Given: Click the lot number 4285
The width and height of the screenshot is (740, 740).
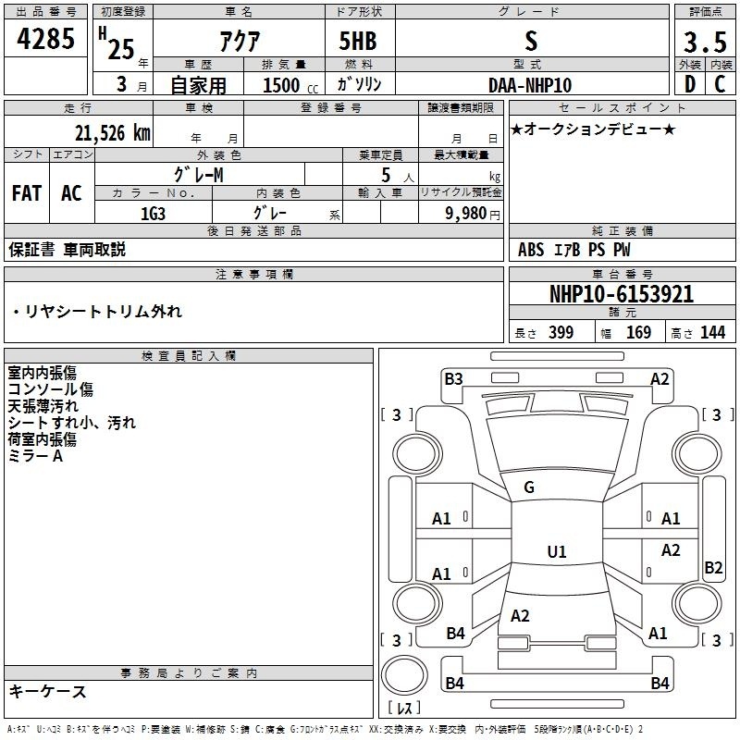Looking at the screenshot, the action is point(45,39).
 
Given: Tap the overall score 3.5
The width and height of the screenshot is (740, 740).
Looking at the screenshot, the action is point(705,42).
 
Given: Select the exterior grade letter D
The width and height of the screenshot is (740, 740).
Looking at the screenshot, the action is point(690,84).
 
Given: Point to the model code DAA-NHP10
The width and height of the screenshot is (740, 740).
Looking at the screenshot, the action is point(530,85).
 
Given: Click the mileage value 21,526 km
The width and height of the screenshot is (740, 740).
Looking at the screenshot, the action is point(113,133).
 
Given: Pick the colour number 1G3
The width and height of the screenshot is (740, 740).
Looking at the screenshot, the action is point(153,214).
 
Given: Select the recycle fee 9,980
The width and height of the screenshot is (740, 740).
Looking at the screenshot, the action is point(466,213).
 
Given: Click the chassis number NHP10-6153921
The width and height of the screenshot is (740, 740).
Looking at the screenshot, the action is point(622,294).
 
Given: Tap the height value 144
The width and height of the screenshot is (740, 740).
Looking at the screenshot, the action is point(712,332).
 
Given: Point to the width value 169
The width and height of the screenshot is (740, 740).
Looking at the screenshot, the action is point(638,332).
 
